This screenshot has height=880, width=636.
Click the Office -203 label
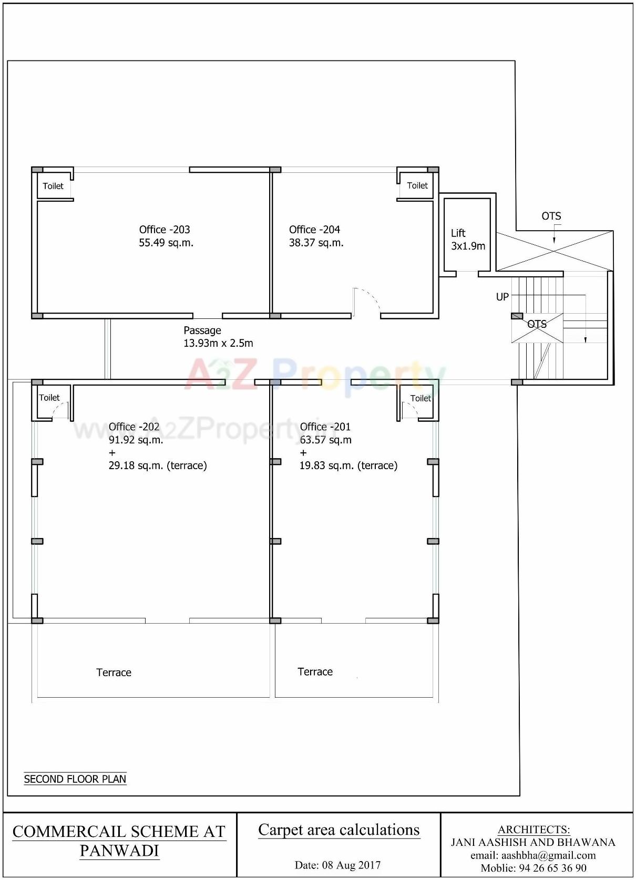point(165,230)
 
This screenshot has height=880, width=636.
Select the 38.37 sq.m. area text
point(316,243)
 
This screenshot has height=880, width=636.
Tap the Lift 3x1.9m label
point(468,240)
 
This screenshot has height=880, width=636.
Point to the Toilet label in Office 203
point(53,186)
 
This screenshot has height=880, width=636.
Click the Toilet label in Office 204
point(417,185)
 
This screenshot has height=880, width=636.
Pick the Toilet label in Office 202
point(49,398)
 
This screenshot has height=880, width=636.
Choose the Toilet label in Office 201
point(420,398)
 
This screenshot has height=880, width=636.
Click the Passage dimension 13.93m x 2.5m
point(218,343)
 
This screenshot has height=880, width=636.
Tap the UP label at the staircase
point(502,297)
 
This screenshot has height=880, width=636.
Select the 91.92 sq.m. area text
point(136,440)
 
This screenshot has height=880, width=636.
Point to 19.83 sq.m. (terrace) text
point(348,465)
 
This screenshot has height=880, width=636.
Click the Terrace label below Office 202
point(114,672)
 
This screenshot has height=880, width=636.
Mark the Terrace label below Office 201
point(315,671)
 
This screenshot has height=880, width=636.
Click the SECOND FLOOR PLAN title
point(75,779)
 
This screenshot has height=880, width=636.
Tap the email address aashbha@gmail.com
point(533,855)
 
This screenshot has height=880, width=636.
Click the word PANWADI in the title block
point(119,851)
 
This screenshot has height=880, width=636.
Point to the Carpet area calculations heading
point(339,830)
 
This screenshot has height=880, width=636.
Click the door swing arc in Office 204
point(368,299)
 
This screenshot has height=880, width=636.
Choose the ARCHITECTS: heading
point(534,830)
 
